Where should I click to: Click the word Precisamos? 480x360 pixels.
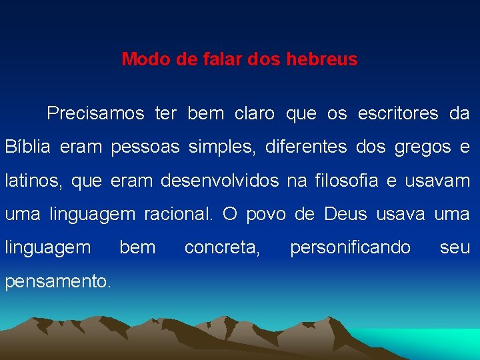pos(95,114)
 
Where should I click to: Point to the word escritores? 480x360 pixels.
pos(398,114)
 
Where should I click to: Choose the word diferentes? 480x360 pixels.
pos(306,147)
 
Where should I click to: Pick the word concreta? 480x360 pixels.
pos(223,248)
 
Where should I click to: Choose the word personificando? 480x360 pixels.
pos(350,248)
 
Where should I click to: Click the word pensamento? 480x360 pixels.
pos(57,281)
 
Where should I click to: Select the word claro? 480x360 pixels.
pos(254,114)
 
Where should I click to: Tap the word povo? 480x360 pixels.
pos(266,215)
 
